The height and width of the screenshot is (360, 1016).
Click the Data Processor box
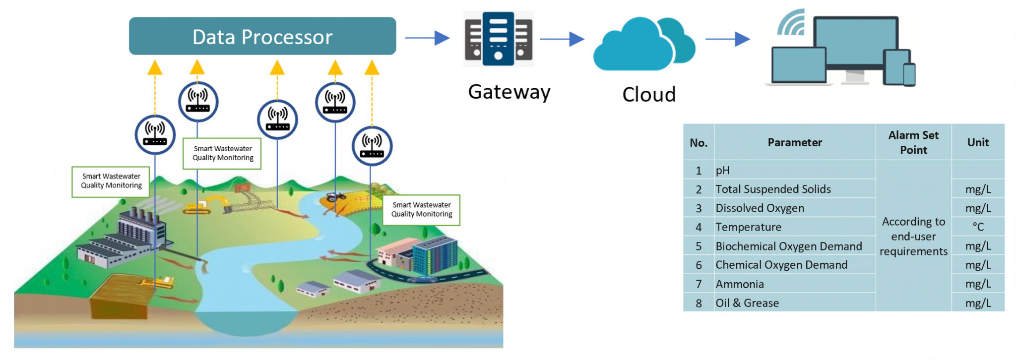click(x=262, y=36)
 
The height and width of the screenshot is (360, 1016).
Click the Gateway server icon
click(x=498, y=39)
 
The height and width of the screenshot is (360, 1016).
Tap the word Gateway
click(x=509, y=92)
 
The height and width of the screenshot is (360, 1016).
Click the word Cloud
click(x=649, y=94)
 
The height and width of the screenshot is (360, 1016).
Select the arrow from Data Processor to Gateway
click(x=427, y=38)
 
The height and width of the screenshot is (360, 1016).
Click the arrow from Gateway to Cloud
click(x=562, y=39)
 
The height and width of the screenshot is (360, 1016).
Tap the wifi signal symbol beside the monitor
click(x=792, y=23)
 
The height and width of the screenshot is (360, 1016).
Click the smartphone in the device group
click(x=909, y=74)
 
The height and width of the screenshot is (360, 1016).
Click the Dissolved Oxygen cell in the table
click(x=760, y=208)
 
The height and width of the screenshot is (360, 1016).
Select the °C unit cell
click(x=978, y=227)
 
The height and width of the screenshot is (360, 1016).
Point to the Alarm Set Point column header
click(x=913, y=142)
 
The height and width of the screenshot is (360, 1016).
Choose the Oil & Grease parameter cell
click(x=747, y=303)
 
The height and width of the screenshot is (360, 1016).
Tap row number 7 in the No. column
click(x=698, y=284)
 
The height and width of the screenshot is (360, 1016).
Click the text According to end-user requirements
click(x=913, y=236)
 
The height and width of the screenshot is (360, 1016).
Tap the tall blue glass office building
click(x=434, y=255)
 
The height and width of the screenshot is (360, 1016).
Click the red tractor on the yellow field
click(x=336, y=197)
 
